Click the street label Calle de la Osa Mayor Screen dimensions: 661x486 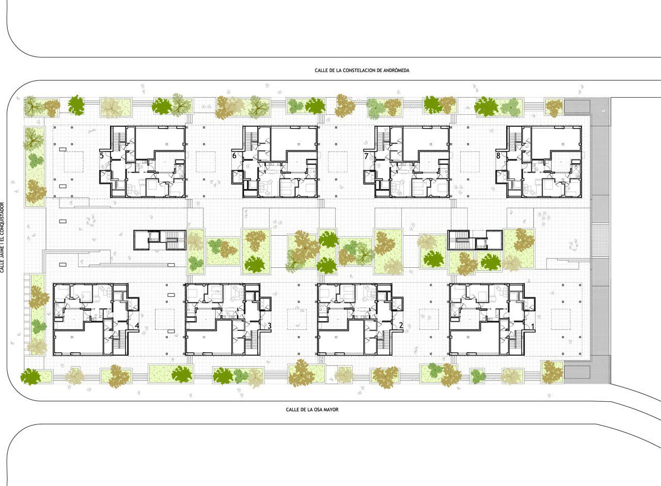tap(312, 409)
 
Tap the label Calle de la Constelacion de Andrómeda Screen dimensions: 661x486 tap(362, 70)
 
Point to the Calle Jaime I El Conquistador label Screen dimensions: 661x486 tap(3, 237)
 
